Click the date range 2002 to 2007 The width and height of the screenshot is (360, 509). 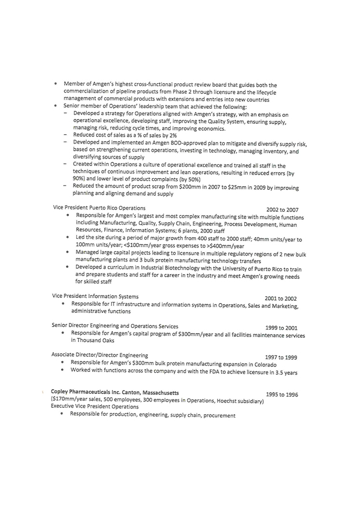[x=282, y=209]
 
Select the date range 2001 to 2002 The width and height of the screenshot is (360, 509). [x=281, y=298]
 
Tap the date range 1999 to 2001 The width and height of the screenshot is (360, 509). [x=281, y=327]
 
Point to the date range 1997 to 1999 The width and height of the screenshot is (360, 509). [x=281, y=357]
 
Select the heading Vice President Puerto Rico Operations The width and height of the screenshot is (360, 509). [x=99, y=207]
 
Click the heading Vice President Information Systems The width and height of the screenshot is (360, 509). [x=95, y=296]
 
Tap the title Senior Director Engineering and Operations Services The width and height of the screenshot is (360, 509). [x=115, y=326]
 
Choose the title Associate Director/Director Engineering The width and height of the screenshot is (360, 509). [x=100, y=355]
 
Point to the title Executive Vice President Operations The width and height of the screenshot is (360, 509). [x=95, y=407]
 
